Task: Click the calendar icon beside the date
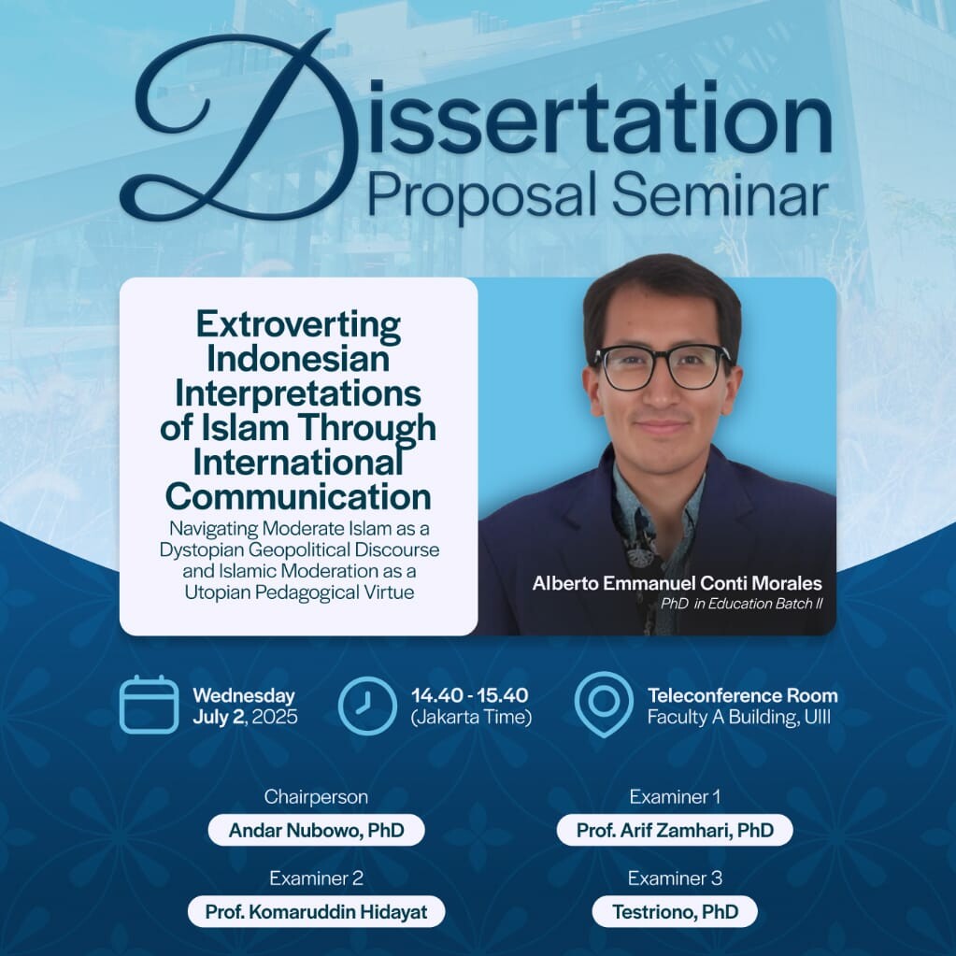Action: point(149,705)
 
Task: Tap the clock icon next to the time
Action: point(367,705)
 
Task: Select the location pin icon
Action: point(603,705)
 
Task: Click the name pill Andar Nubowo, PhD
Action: point(317,830)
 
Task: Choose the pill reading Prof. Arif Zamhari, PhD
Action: point(675,830)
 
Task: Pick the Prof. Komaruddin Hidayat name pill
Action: point(317,911)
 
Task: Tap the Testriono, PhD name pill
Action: point(675,911)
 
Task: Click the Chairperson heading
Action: point(316,796)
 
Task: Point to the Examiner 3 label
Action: point(675,878)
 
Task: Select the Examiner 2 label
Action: point(317,878)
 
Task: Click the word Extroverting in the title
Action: point(298,324)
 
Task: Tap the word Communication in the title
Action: point(298,496)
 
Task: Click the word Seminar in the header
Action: point(721,195)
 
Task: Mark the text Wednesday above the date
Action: point(244,695)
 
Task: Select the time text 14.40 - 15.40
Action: point(469,695)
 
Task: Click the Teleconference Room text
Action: point(743,695)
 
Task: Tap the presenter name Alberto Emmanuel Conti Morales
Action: point(677,583)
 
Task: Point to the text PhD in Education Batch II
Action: point(742,604)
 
